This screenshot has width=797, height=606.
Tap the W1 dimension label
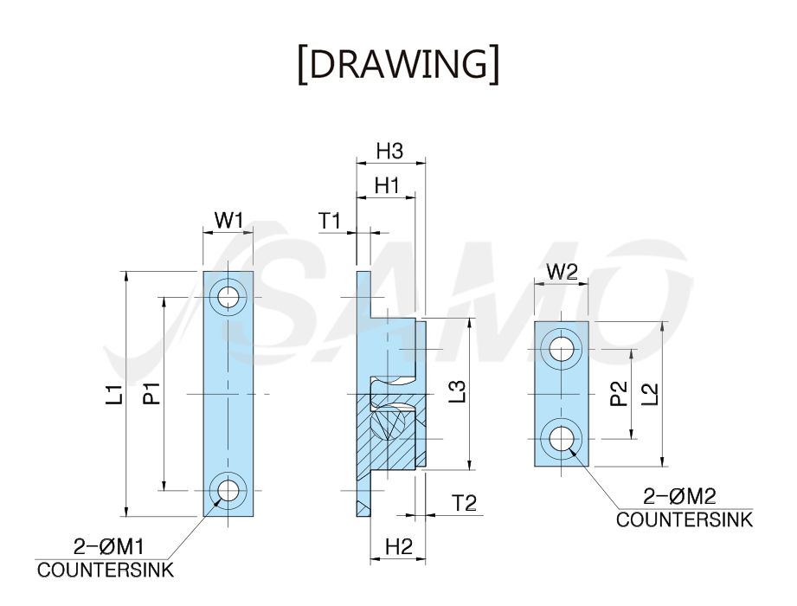[228, 221]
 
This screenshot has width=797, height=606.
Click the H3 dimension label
[390, 151]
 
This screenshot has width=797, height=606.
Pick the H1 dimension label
[387, 186]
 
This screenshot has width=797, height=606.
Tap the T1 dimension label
[330, 221]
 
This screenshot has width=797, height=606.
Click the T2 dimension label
[465, 503]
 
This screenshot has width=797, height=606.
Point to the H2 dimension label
[398, 547]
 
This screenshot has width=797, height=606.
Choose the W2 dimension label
[562, 272]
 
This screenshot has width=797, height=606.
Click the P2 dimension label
[618, 394]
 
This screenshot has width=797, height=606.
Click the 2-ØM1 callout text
[109, 547]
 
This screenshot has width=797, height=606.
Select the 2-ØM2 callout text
[679, 496]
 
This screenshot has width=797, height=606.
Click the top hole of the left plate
[228, 296]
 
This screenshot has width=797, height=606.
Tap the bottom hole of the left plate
[228, 491]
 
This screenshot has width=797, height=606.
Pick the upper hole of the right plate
[561, 349]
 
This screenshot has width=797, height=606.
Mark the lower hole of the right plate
[561, 438]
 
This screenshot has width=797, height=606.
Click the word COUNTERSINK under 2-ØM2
[685, 520]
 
